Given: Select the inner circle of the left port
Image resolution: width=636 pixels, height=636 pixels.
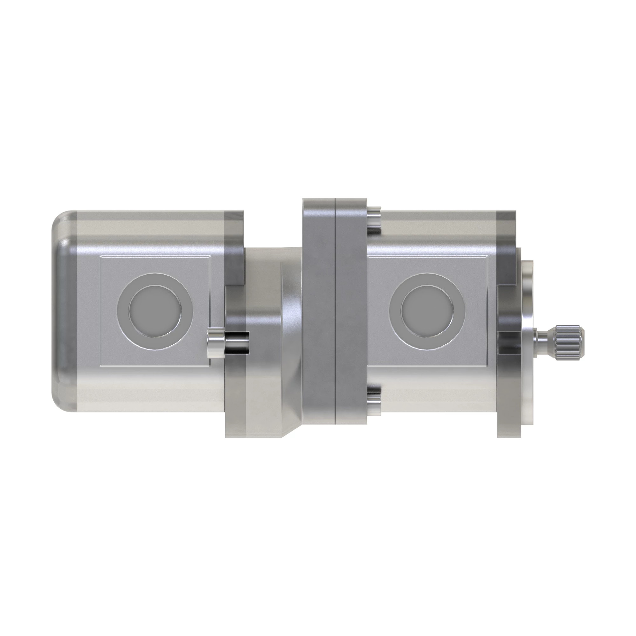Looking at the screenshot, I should point(155,311).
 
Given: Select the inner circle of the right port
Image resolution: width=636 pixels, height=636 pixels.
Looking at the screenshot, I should point(427,311).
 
